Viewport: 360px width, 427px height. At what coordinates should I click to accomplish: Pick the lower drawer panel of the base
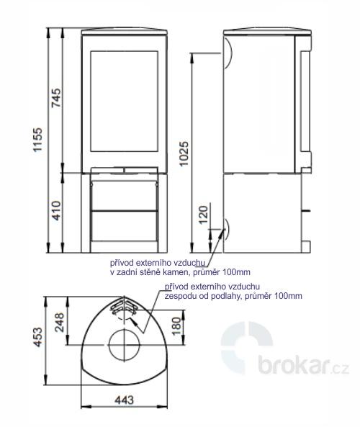tap(125, 226)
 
